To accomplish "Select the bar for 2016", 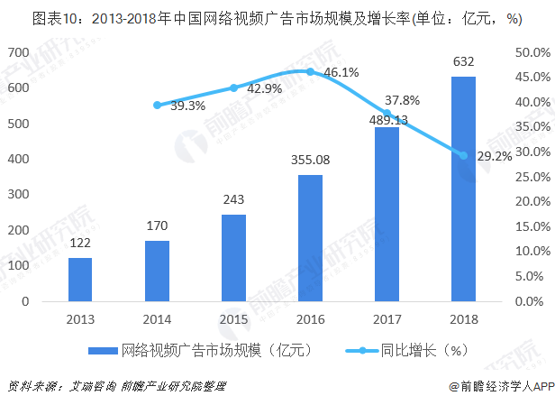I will pyautogui.click(x=310, y=238).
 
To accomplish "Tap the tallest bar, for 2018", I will pyautogui.click(x=463, y=189).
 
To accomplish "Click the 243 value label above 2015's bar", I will pyautogui.click(x=233, y=199).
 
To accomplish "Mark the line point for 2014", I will pyautogui.click(x=157, y=106).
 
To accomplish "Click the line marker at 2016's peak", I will pyautogui.click(x=310, y=71).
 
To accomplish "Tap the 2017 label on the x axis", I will pyautogui.click(x=387, y=318).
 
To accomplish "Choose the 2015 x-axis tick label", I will pyautogui.click(x=233, y=318).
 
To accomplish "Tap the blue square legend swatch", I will pyautogui.click(x=104, y=350).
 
